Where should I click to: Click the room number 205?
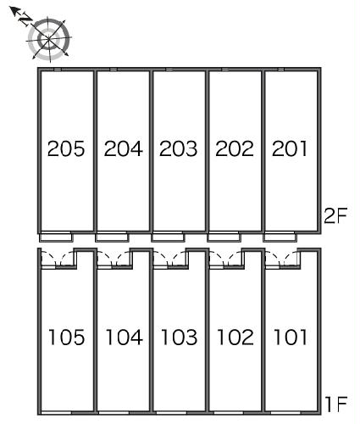coord(66,148)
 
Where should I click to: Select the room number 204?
coord(124,148)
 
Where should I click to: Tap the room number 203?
coord(178,148)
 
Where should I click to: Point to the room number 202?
coord(235,148)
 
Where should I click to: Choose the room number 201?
coord(290,148)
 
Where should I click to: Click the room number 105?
coord(67,337)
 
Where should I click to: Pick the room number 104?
coord(124,337)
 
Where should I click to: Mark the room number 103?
coord(179,337)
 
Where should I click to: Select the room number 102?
coord(235,337)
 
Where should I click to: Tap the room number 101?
coord(291,337)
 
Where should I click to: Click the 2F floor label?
coord(335,215)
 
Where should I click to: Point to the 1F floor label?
coord(336,404)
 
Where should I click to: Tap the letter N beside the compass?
coord(25,20)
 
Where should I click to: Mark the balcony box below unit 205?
coord(56,237)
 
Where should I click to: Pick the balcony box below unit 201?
coord(280,237)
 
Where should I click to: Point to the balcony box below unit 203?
coord(168,237)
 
